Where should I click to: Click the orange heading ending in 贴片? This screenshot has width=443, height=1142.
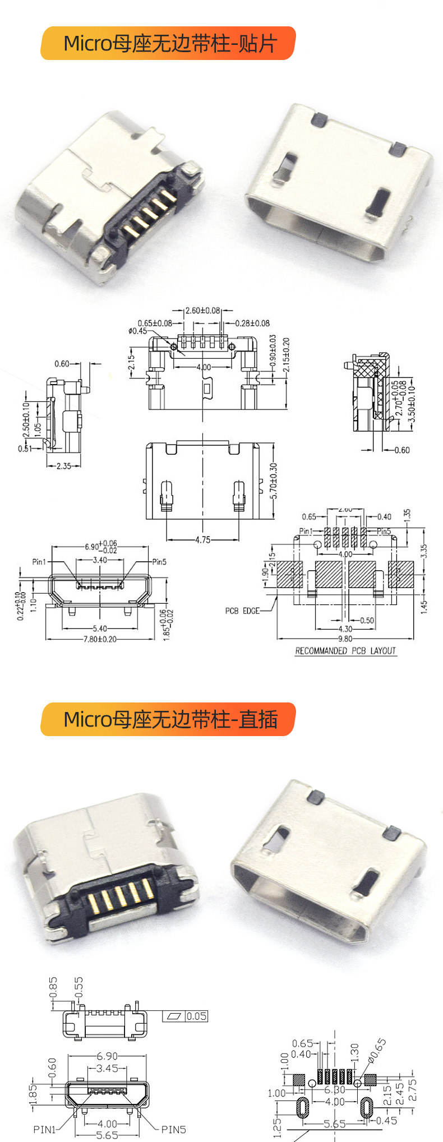168,43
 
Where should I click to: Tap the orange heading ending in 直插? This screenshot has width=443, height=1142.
168,719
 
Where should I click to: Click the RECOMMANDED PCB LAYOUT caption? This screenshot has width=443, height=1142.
345,651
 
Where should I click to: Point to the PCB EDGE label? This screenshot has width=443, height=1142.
242,611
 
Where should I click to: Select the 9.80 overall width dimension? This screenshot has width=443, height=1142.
345,639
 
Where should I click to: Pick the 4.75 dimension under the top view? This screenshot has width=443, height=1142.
202,540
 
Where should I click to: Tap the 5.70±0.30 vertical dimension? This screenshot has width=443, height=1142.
274,481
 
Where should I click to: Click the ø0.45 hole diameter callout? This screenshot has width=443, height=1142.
137,331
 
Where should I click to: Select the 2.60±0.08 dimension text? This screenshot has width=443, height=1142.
202,310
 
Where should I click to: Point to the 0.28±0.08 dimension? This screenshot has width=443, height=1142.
252,323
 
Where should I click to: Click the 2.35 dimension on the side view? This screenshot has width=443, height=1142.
64,466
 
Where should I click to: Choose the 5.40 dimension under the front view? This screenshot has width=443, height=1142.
100,628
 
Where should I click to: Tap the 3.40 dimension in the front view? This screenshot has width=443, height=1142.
100,560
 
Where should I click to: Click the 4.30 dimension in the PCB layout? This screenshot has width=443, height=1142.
345,629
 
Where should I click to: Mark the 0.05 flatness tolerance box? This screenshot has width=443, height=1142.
196,1016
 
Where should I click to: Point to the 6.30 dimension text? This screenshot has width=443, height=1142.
335,1090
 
